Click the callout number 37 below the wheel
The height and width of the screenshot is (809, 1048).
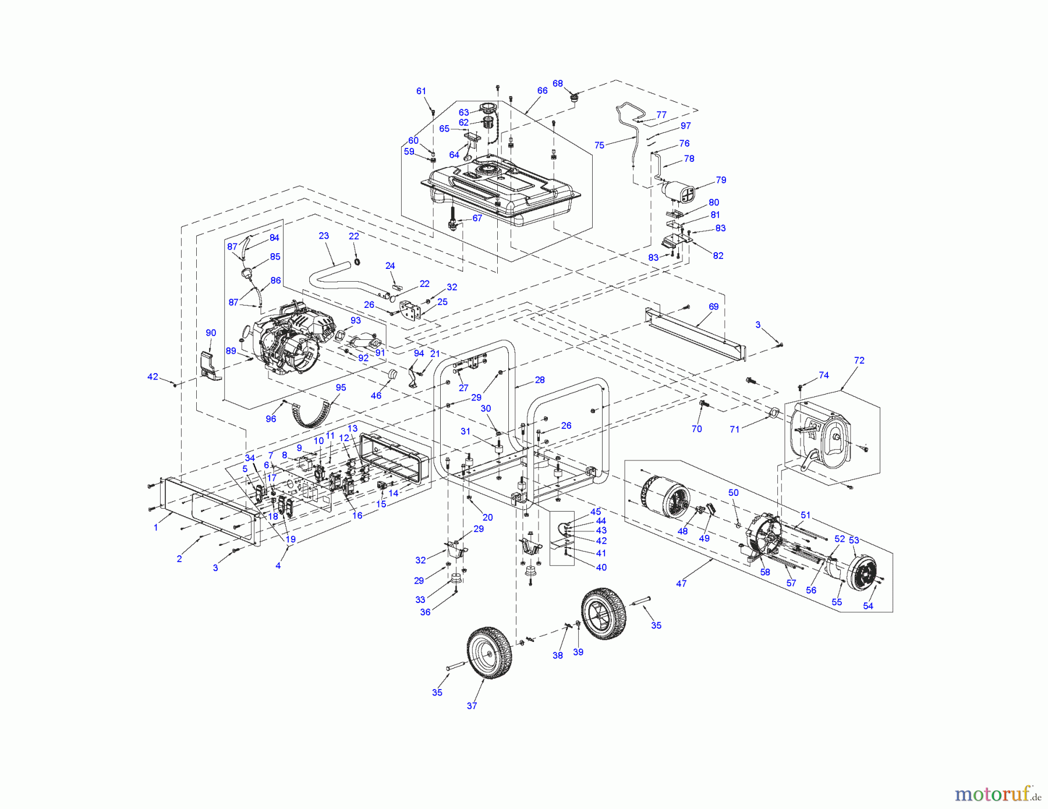pyautogui.click(x=472, y=706)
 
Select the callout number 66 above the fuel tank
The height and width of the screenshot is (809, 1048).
pyautogui.click(x=542, y=91)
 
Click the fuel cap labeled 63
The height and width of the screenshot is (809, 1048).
pyautogui.click(x=487, y=108)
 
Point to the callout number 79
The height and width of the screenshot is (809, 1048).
pyautogui.click(x=721, y=180)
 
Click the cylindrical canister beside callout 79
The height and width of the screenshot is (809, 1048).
pyautogui.click(x=679, y=192)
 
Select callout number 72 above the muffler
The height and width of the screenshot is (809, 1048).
pyautogui.click(x=859, y=361)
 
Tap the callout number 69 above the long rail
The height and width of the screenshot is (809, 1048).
pyautogui.click(x=713, y=307)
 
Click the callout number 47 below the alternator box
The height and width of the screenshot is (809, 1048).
pyautogui.click(x=681, y=583)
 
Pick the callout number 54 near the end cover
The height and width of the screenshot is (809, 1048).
pyautogui.click(x=868, y=606)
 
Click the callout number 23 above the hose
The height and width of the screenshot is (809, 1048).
pyautogui.click(x=324, y=236)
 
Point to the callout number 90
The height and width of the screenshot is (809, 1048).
pyautogui.click(x=211, y=333)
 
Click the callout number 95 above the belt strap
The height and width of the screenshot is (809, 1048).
pyautogui.click(x=341, y=388)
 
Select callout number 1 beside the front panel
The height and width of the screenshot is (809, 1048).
pyautogui.click(x=155, y=527)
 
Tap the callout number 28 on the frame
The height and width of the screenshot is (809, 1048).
pyautogui.click(x=540, y=380)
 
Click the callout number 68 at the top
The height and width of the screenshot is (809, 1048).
pyautogui.click(x=557, y=84)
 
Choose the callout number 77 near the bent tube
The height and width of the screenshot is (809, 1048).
pyautogui.click(x=661, y=115)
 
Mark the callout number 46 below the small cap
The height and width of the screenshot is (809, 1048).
pyautogui.click(x=376, y=396)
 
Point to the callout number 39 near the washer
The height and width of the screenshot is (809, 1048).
pyautogui.click(x=578, y=652)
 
